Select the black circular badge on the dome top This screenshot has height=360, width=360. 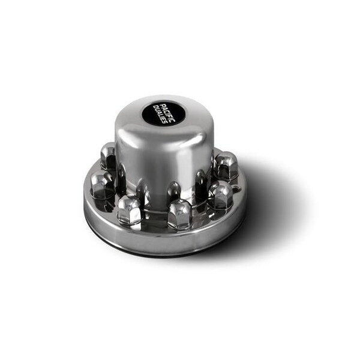164,113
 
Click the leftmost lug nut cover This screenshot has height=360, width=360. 102,184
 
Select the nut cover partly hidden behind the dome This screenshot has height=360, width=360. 108,155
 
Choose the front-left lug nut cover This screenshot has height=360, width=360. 129,210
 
